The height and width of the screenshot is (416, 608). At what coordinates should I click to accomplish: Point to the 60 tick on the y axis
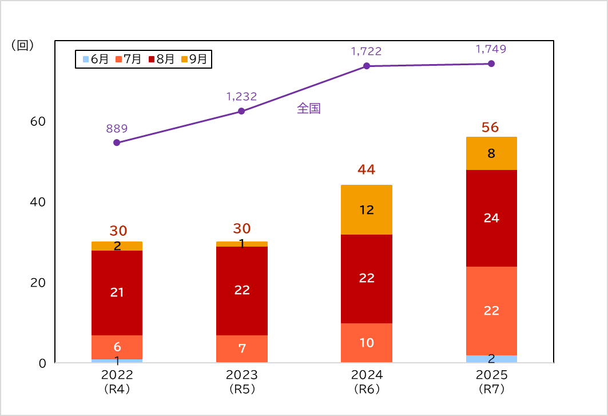38,121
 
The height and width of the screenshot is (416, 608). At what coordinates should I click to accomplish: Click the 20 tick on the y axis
38,283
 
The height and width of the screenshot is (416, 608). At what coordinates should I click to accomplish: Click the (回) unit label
23,46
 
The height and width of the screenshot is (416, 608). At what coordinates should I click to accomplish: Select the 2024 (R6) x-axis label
366,382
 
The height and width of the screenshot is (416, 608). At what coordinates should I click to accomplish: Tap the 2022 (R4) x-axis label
117,382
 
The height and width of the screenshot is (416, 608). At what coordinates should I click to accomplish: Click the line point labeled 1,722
366,66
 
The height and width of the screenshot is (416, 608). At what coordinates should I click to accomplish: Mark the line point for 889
117,142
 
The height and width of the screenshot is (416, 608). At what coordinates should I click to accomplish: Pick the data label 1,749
491,49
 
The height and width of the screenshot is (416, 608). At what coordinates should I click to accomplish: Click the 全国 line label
308,109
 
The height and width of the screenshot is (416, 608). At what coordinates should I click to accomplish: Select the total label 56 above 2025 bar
490,127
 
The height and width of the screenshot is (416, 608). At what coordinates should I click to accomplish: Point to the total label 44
366,169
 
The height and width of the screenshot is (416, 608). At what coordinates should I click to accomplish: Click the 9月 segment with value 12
366,210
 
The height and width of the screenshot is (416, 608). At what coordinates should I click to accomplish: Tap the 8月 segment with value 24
491,218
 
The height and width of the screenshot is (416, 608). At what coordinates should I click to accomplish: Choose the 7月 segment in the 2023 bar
241,348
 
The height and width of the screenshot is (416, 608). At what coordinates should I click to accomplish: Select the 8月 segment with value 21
117,292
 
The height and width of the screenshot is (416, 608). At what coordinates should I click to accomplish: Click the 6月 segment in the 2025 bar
491,359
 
